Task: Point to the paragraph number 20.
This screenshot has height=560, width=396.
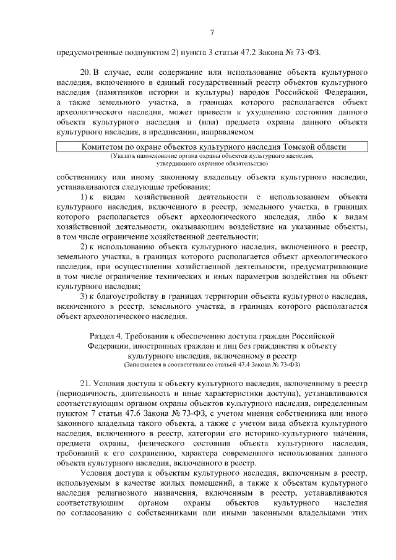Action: (87, 73)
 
